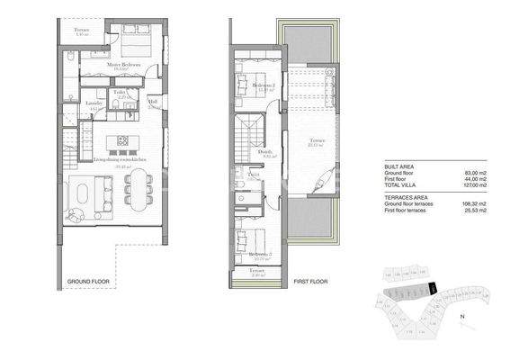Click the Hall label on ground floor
153,103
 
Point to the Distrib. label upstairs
266,152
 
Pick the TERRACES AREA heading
407,195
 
